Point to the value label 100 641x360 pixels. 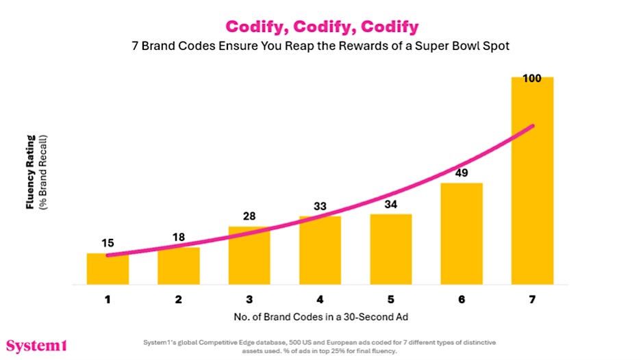pyautogui.click(x=532, y=78)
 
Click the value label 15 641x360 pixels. pyautogui.click(x=108, y=243)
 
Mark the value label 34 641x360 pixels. pyautogui.click(x=391, y=203)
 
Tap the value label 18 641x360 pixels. pyautogui.click(x=178, y=237)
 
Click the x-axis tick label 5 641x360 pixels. pyautogui.click(x=391, y=299)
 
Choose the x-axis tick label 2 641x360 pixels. pyautogui.click(x=178, y=299)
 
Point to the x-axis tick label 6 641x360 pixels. pyautogui.click(x=462, y=299)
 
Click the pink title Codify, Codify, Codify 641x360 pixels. pyautogui.click(x=321, y=27)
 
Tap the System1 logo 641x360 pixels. pyautogui.click(x=36, y=345)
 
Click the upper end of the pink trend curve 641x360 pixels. pyautogui.click(x=532, y=126)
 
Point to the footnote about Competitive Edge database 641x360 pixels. pyautogui.click(x=320, y=345)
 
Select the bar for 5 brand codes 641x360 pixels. pyautogui.click(x=391, y=249)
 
